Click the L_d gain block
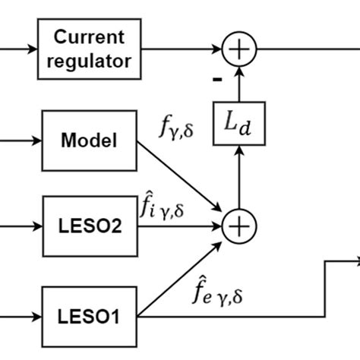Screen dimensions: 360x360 point(239,124)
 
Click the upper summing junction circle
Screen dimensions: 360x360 point(239,49)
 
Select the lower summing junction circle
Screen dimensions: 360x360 point(239,226)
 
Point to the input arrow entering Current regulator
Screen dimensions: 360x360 point(19,49)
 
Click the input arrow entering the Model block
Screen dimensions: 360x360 point(19,141)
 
